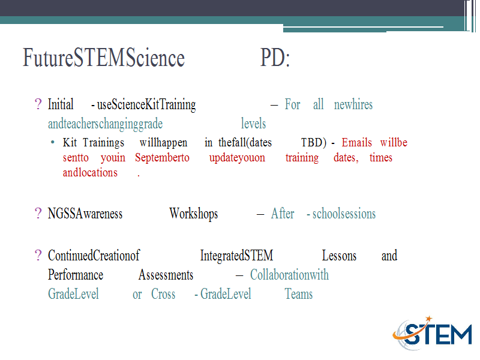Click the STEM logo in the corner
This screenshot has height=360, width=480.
432,333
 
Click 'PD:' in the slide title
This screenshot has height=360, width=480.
275,58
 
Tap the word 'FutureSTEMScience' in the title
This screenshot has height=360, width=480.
104,58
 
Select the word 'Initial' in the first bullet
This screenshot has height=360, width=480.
61,104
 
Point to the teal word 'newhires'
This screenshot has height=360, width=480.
353,104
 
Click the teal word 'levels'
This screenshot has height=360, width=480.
253,124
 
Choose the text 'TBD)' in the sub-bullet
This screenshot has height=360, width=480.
314,143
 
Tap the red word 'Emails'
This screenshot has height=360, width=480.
356,142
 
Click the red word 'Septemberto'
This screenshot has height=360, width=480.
162,158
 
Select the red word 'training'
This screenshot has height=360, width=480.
302,158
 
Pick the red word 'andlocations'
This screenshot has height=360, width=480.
91,172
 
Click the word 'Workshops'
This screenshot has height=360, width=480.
193,214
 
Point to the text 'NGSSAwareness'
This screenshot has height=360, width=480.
85,214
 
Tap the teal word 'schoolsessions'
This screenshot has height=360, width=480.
344,214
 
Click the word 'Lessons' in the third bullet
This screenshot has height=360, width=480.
339,256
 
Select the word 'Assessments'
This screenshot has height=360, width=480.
166,275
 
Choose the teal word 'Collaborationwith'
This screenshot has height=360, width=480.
289,275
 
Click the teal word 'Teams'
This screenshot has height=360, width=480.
299,294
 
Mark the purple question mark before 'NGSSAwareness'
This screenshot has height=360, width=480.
38,214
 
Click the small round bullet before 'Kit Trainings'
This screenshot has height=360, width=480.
53,142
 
